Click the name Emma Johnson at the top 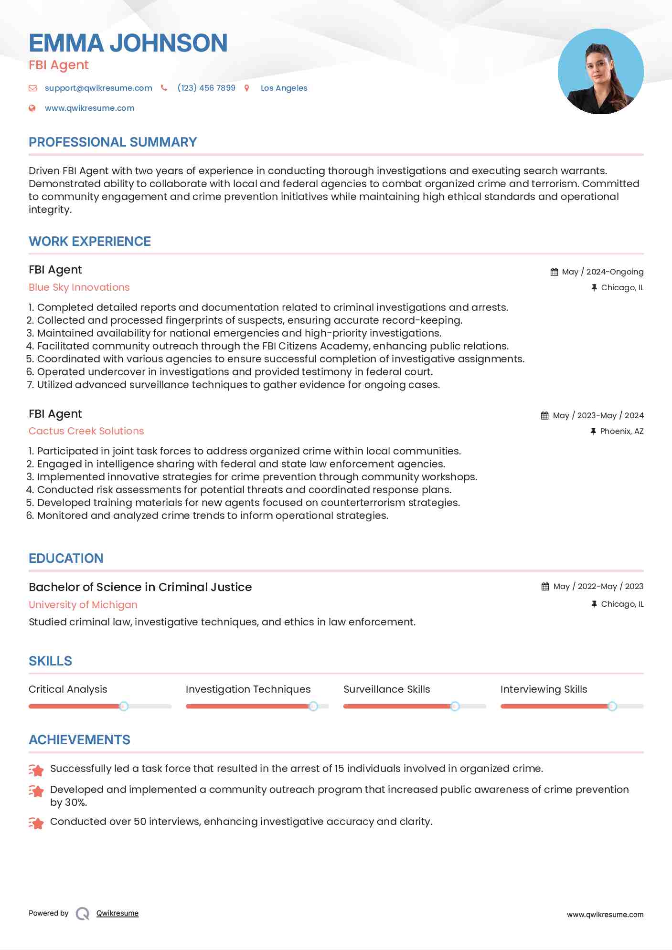click(128, 43)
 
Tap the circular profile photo click(600, 72)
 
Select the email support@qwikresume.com click(98, 88)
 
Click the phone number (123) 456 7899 click(206, 88)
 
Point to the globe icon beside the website click(32, 108)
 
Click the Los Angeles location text click(284, 88)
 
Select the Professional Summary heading click(113, 142)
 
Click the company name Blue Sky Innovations click(79, 287)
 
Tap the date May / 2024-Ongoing click(602, 272)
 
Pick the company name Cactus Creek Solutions click(86, 431)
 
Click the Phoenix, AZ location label click(621, 432)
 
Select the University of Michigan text click(83, 605)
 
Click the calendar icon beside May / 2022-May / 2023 click(545, 587)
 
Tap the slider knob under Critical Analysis click(124, 706)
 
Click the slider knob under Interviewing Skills click(612, 706)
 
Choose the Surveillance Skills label click(386, 689)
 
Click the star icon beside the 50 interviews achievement click(36, 823)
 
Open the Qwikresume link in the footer click(117, 913)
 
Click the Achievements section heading click(79, 740)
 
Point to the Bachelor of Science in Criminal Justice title click(140, 587)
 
